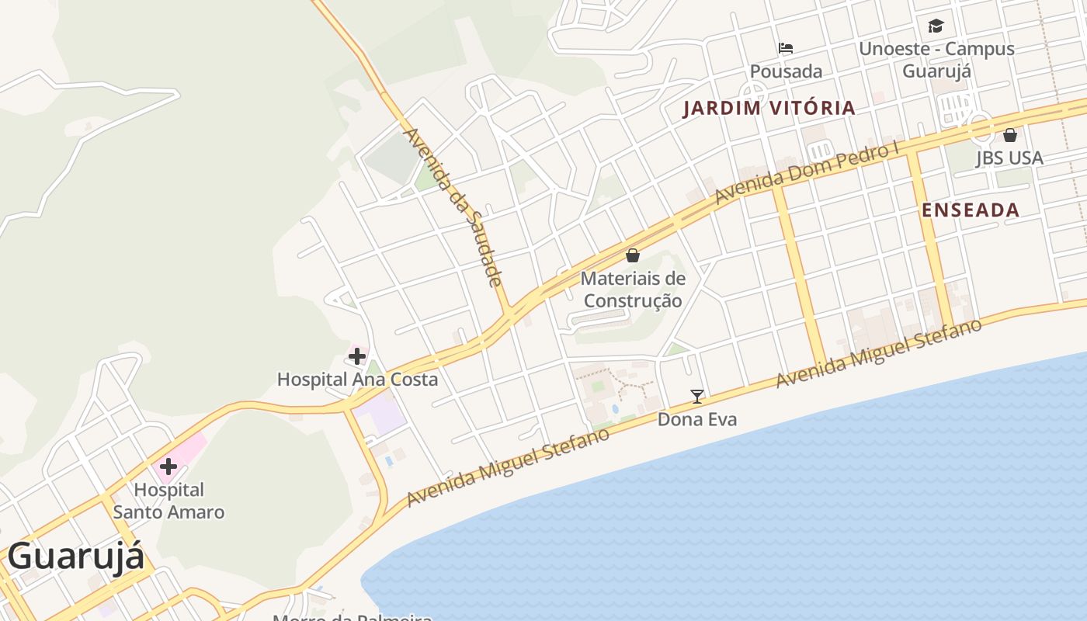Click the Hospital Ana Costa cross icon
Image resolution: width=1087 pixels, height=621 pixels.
click(357, 356)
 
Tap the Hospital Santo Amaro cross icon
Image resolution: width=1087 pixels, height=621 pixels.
click(168, 467)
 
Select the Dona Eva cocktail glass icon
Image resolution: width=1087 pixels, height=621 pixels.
click(697, 397)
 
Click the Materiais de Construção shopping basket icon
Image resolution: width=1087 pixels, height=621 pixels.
click(633, 255)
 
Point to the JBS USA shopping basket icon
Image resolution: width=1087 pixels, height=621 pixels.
click(1010, 135)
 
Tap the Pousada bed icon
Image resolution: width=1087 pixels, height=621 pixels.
click(786, 48)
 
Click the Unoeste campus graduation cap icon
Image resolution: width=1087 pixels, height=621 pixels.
click(936, 26)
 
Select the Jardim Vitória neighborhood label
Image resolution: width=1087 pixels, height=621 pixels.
click(769, 108)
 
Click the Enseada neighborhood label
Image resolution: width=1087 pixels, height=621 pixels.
click(971, 210)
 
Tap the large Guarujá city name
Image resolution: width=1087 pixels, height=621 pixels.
click(76, 557)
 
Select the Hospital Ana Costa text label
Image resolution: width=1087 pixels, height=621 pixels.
click(357, 380)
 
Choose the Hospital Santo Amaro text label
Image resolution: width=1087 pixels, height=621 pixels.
click(168, 501)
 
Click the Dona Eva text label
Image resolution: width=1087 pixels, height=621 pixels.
click(697, 419)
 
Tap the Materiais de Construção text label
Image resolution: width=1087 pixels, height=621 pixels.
click(633, 290)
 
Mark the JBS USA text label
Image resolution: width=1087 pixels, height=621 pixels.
click(1009, 158)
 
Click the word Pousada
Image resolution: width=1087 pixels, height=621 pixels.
click(786, 71)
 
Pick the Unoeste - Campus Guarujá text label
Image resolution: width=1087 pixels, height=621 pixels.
click(936, 59)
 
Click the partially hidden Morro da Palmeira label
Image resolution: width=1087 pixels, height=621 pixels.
click(352, 617)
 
